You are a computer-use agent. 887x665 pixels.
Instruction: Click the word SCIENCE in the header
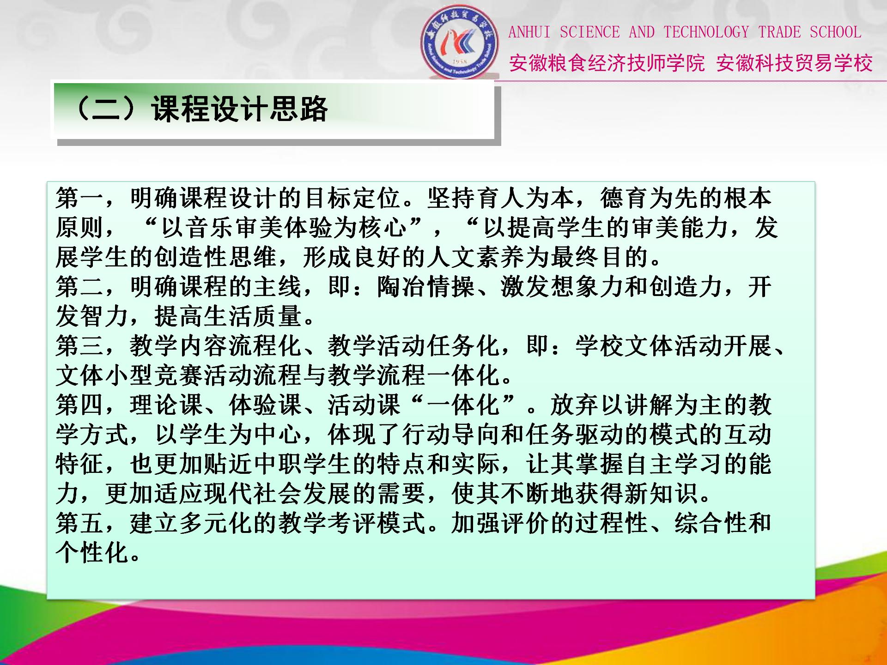point(589,32)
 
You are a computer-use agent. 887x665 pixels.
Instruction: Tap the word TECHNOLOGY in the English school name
point(706,32)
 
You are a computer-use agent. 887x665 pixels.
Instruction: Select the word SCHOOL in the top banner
point(835,32)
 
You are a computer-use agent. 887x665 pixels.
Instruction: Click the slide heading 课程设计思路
point(239,109)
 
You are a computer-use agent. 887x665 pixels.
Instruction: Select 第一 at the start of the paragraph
point(79,198)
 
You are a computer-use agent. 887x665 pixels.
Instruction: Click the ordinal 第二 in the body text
point(79,287)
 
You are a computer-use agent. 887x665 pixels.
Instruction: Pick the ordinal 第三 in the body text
point(79,346)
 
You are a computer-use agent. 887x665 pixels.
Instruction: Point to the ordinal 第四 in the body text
point(79,405)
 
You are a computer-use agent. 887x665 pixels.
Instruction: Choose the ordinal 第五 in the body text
point(79,523)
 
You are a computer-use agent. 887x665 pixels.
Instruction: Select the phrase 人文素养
point(476,257)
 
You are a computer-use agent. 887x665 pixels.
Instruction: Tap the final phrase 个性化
point(92,553)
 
